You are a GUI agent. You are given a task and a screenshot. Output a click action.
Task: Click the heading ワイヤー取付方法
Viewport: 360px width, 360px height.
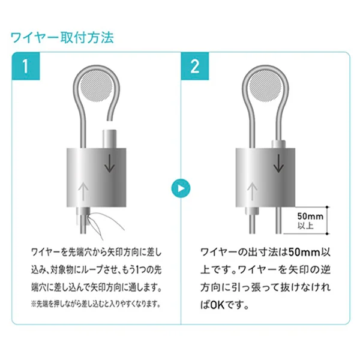(62, 38)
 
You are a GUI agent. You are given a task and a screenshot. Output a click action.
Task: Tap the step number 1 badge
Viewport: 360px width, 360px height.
(26, 66)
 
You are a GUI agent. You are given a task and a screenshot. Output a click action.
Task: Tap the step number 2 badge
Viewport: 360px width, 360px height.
(194, 66)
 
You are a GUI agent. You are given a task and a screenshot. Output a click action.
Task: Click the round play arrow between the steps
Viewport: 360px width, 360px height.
(181, 188)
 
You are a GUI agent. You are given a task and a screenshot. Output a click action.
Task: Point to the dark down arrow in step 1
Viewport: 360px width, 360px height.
(110, 163)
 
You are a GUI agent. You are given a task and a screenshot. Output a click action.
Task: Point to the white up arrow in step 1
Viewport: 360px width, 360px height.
(83, 192)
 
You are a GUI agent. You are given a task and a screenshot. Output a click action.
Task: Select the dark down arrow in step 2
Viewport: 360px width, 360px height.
(279, 163)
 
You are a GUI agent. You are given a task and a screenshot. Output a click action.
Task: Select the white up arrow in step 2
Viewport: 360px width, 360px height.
(252, 192)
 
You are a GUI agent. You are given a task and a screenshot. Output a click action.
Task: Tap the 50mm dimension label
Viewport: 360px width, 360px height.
(310, 216)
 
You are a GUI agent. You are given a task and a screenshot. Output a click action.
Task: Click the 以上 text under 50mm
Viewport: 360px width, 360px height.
(305, 226)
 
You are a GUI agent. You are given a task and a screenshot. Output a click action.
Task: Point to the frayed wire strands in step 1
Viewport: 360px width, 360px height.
(104, 224)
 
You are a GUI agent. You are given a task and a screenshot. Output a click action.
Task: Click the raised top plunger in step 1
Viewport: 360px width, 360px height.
(110, 139)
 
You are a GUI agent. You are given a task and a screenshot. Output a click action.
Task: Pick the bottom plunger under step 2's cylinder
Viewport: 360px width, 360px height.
(252, 210)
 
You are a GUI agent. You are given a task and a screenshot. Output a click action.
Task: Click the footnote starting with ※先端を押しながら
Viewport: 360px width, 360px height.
(95, 304)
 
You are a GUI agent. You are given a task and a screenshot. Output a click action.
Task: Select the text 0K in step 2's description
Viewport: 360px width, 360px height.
(217, 305)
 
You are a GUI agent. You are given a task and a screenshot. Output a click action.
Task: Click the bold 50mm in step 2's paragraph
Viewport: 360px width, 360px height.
(304, 253)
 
